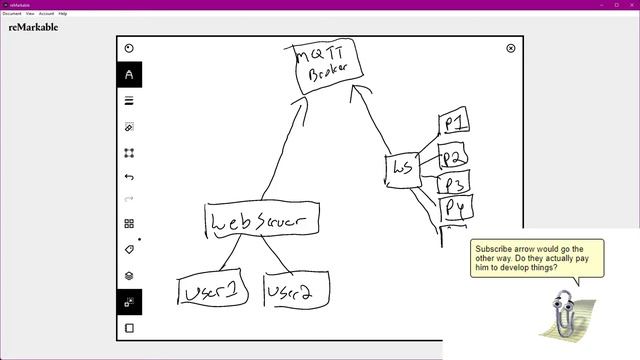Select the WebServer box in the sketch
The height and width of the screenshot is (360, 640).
[262, 221]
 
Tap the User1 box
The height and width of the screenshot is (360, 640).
[212, 291]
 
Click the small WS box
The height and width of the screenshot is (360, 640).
[402, 169]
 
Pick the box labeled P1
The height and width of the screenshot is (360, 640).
[454, 124]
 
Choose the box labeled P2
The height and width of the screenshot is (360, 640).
[454, 157]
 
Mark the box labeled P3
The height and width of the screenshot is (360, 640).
[454, 183]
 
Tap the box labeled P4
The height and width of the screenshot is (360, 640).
[456, 208]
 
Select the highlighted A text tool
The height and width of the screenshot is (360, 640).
[129, 75]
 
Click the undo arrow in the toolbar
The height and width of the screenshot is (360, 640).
[129, 177]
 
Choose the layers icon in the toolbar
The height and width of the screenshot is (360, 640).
[129, 275]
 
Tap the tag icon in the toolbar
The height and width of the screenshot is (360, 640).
[129, 249]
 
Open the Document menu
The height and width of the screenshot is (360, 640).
[12, 13]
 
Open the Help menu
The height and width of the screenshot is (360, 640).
[63, 13]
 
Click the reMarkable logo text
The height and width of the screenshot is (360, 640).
[33, 28]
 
